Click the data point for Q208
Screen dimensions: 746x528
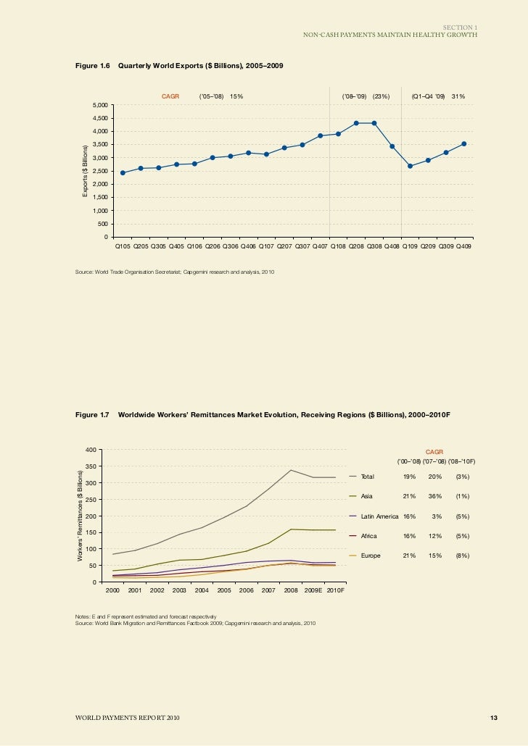356,123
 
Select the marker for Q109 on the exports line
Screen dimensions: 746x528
410,166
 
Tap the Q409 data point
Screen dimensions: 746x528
463,143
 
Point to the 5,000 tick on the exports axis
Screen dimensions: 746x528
101,105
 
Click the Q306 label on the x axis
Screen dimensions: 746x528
231,246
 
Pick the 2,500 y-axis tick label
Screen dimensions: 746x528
101,171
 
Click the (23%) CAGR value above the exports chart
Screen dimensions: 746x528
381,96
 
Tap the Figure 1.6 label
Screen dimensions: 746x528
92,66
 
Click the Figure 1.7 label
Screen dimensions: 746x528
92,416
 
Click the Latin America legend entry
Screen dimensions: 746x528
379,516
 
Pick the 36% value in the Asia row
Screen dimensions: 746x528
435,496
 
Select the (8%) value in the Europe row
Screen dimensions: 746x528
462,556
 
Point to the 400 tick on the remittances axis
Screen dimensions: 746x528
91,450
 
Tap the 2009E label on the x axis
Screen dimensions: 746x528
313,591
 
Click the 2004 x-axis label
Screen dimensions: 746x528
202,591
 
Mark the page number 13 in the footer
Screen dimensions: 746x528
493,718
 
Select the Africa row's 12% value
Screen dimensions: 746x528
435,536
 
